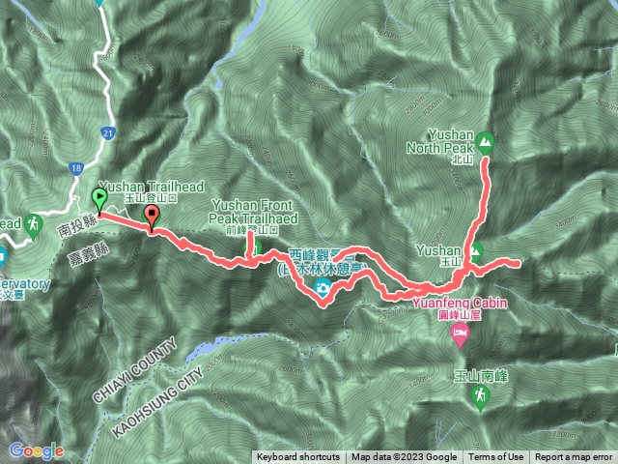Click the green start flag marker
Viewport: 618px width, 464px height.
point(99,200)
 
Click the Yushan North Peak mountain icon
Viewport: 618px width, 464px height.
point(485,143)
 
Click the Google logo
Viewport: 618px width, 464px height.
point(36,450)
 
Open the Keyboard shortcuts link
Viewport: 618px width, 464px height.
point(297,457)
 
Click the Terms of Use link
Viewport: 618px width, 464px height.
point(497,457)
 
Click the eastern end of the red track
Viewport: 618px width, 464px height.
point(520,263)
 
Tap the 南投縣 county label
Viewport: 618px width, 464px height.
point(73,228)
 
